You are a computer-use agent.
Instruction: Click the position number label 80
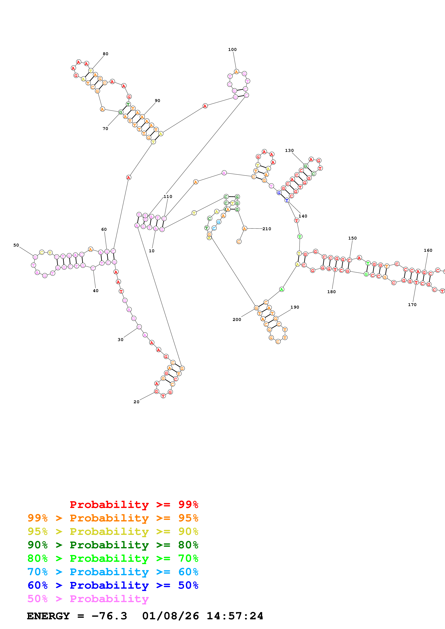tap(106, 54)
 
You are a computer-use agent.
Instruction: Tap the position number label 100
tap(232, 50)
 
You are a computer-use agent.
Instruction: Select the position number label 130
tap(289, 150)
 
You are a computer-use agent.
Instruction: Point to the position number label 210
tap(267, 229)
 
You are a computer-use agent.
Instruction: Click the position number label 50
tap(16, 245)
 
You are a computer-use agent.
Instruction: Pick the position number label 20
tap(136, 402)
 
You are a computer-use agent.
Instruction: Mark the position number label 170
tap(412, 305)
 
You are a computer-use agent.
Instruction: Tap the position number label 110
tap(168, 196)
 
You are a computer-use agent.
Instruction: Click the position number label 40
tap(95, 291)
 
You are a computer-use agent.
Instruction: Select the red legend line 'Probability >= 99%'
tap(134, 504)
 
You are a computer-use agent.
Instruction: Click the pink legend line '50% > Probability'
tap(88, 599)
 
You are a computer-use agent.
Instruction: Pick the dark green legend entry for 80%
tap(113, 545)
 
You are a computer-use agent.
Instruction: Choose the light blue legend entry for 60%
tap(113, 572)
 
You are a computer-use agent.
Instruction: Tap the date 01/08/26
tap(171, 616)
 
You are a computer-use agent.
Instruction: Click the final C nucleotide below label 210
tap(239, 242)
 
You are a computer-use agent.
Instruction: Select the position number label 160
tap(428, 250)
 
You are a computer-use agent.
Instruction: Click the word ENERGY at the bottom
tap(48, 616)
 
